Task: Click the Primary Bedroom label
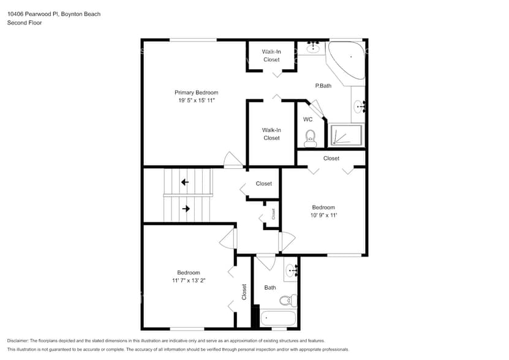(196, 92)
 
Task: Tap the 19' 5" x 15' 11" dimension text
(196, 100)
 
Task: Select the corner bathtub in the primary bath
(348, 59)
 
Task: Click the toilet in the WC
(310, 138)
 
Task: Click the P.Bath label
(323, 86)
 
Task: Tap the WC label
(308, 119)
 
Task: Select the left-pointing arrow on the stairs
(185, 182)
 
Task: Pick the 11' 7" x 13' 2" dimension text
(189, 280)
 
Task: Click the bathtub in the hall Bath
(278, 318)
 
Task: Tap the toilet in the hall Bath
(286, 300)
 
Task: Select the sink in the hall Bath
(291, 269)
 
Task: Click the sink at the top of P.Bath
(314, 46)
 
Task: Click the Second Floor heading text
(22, 23)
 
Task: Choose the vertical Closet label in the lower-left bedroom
(244, 291)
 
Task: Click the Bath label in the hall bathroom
(270, 287)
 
